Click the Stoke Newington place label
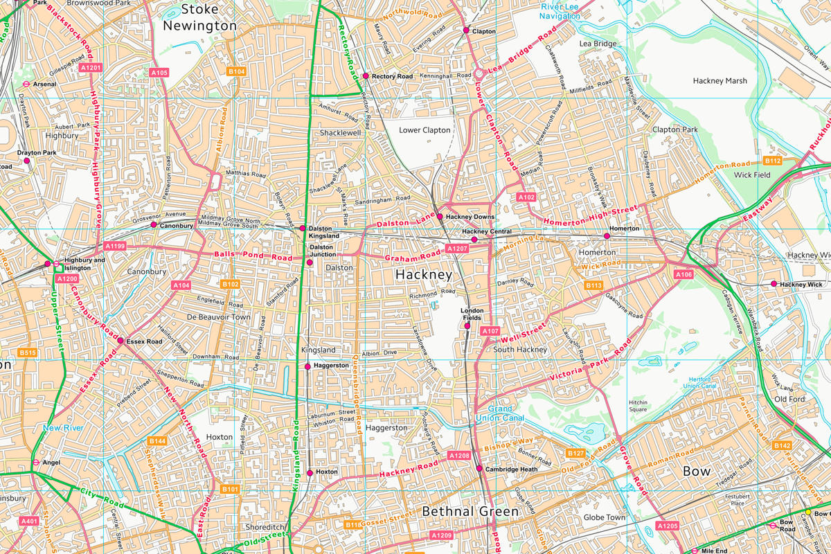tap(199, 17)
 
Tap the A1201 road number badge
tap(91, 68)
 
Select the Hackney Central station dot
tap(474, 240)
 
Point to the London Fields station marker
tap(467, 325)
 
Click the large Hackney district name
tap(423, 275)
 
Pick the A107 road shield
tap(490, 331)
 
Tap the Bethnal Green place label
tap(470, 512)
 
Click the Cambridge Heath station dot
tap(479, 469)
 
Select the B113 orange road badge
tap(593, 285)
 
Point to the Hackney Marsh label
tap(720, 81)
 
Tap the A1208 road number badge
tap(459, 456)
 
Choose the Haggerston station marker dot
tap(307, 366)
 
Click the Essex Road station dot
tap(120, 341)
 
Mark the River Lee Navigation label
tap(560, 11)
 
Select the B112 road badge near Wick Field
tap(773, 161)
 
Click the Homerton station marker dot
tap(607, 236)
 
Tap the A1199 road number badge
tap(115, 246)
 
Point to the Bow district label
tap(697, 471)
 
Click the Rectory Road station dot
tap(366, 76)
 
